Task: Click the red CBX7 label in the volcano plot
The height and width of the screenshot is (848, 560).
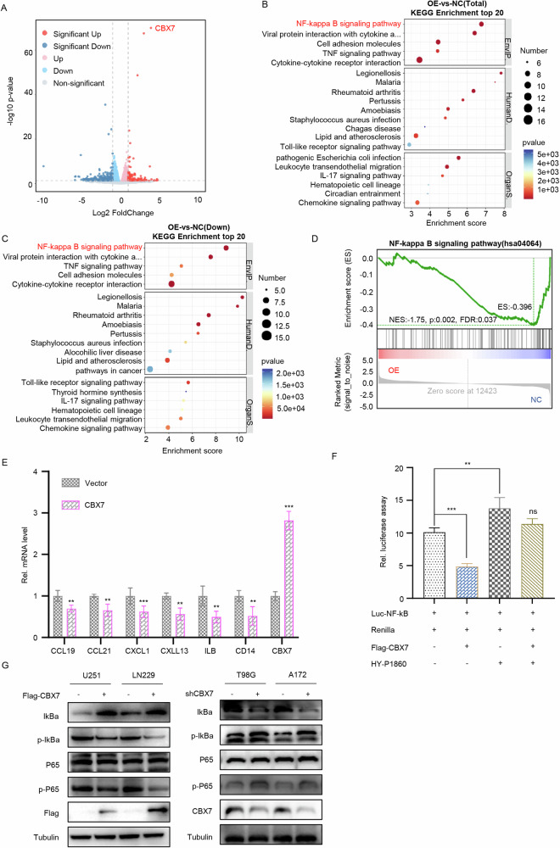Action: click(x=165, y=28)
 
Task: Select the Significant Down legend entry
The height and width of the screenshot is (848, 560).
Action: click(x=76, y=47)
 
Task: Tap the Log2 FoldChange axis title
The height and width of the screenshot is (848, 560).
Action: click(x=123, y=213)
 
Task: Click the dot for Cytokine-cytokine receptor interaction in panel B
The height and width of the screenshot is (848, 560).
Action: click(x=419, y=60)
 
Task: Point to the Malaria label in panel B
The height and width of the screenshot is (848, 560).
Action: click(x=388, y=82)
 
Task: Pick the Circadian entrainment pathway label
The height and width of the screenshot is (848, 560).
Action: click(x=362, y=193)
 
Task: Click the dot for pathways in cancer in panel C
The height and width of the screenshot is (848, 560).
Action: click(x=150, y=370)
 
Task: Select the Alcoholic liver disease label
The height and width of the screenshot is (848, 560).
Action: click(x=103, y=352)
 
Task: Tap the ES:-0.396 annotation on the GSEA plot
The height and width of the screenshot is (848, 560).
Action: click(x=514, y=307)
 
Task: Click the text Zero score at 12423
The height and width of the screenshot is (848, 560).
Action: click(x=462, y=390)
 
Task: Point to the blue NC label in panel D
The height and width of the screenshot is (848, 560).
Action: click(x=535, y=399)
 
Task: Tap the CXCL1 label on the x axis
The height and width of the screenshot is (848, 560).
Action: click(x=137, y=650)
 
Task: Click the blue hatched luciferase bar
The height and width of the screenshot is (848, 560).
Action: click(x=467, y=583)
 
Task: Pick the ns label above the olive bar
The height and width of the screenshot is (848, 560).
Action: click(x=533, y=511)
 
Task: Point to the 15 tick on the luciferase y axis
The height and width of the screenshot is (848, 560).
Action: click(x=400, y=501)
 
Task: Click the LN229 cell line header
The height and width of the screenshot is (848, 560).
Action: click(x=144, y=675)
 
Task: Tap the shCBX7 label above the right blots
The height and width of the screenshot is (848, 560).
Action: click(x=199, y=694)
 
